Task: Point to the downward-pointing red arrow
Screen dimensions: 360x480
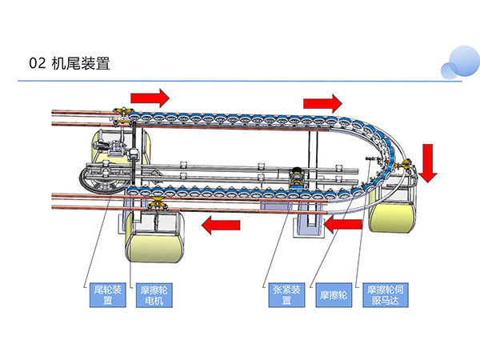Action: point(429,162)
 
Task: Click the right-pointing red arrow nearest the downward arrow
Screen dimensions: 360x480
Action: point(323,103)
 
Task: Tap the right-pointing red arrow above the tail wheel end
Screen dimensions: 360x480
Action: point(150,98)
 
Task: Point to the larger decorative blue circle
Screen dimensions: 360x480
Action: point(466,59)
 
